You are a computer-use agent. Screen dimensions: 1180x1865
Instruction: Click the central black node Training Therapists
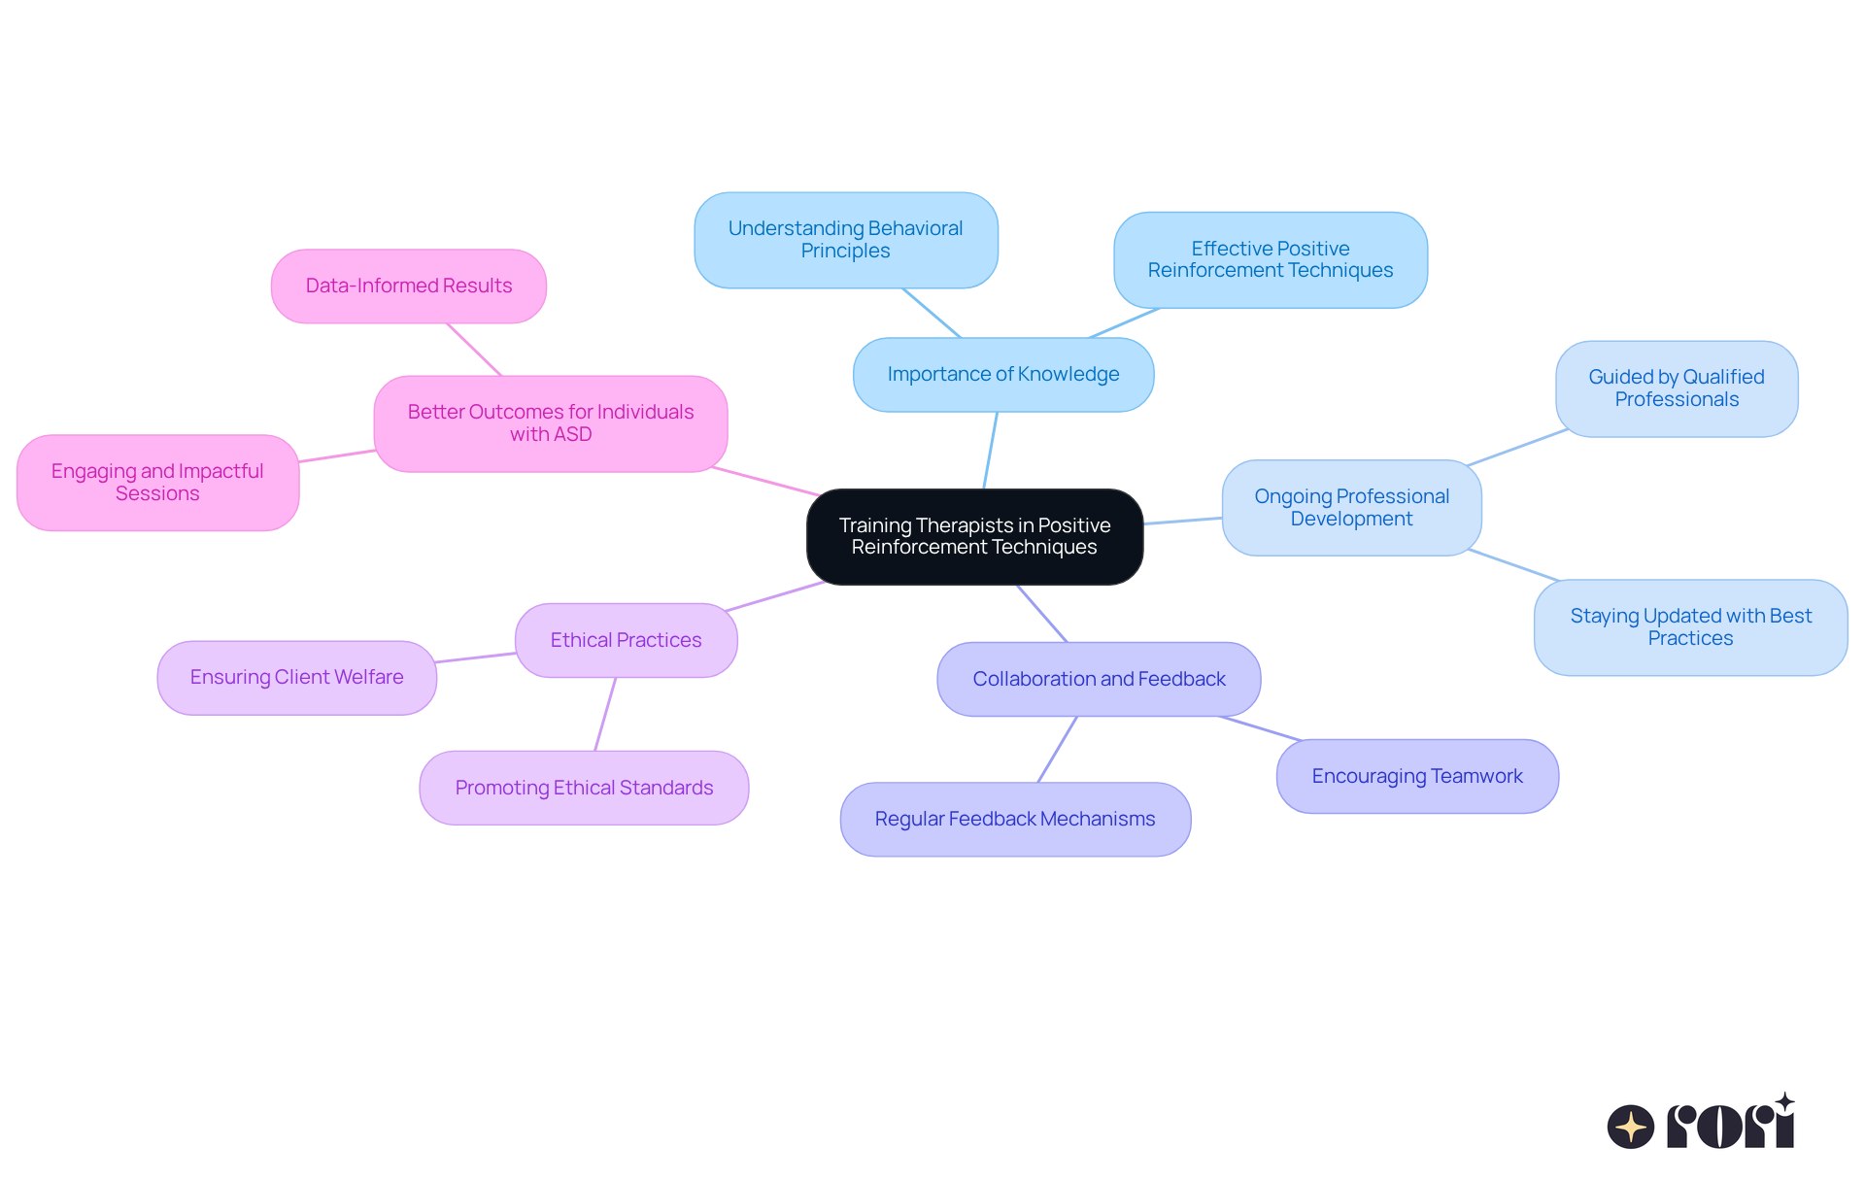(x=974, y=536)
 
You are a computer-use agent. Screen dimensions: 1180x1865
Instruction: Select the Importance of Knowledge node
(x=1002, y=374)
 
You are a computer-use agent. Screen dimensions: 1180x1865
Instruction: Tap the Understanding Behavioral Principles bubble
(x=845, y=240)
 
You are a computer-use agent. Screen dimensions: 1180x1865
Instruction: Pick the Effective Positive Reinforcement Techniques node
(x=1270, y=259)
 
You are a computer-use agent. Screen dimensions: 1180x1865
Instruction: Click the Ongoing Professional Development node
(x=1351, y=507)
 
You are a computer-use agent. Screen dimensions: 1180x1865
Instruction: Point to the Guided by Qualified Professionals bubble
(x=1676, y=388)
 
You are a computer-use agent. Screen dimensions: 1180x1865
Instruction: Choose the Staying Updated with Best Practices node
(x=1690, y=626)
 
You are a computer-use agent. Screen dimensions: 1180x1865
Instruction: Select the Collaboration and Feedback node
(x=1099, y=679)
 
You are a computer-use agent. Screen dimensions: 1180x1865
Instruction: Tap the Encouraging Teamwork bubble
(x=1416, y=776)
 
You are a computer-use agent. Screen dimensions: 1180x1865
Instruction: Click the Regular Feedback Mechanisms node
(x=1014, y=819)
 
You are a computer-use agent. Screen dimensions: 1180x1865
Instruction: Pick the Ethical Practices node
(x=626, y=640)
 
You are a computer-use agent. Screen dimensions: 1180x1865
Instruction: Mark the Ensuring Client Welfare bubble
(x=296, y=677)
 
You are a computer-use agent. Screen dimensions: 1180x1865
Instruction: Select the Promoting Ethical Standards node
(x=584, y=788)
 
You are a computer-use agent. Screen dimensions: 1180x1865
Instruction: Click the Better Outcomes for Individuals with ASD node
(x=550, y=423)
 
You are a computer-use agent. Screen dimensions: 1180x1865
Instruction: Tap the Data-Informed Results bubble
(x=408, y=286)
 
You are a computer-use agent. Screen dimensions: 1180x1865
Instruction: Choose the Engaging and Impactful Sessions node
(x=157, y=482)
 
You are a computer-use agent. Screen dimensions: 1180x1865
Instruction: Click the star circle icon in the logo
(x=1630, y=1127)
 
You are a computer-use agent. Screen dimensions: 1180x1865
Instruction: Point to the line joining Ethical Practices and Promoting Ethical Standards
(x=605, y=714)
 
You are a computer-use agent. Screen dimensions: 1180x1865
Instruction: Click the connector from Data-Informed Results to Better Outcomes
(x=474, y=350)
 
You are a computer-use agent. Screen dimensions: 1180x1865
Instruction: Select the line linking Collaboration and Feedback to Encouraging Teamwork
(x=1260, y=728)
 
